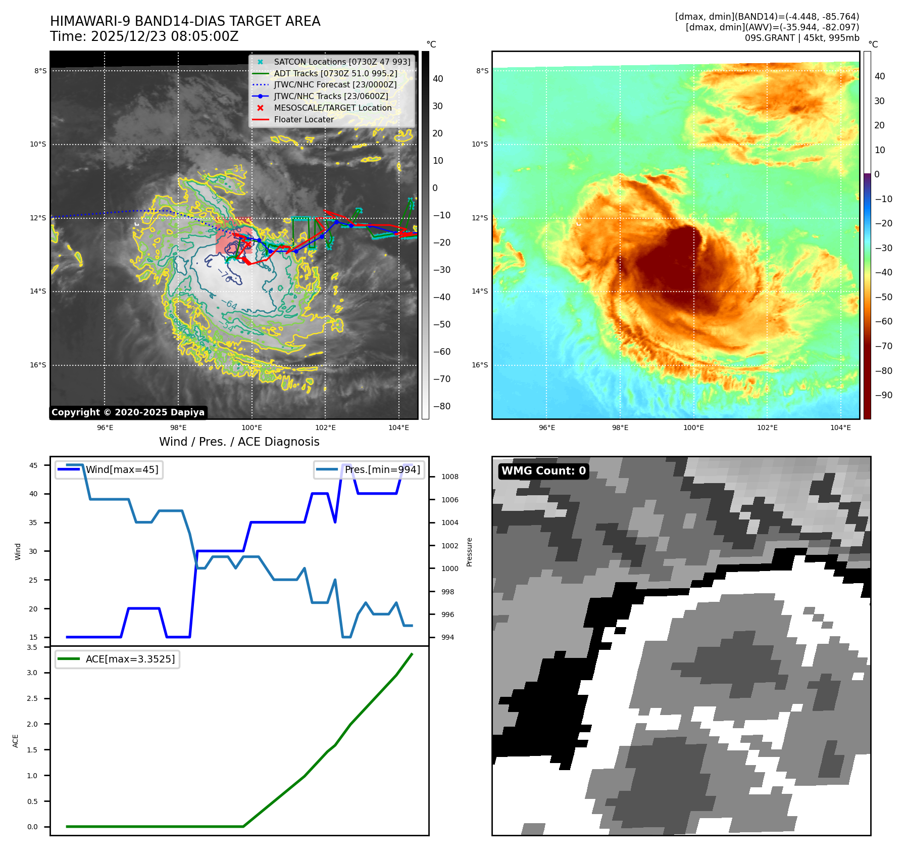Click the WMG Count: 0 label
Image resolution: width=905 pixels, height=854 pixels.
(x=543, y=471)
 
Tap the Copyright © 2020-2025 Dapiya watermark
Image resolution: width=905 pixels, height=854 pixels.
(x=128, y=412)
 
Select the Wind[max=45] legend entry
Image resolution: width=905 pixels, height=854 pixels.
(x=122, y=469)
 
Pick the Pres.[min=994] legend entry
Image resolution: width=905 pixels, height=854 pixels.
(x=382, y=469)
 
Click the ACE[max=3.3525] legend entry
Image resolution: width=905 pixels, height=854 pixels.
(x=130, y=659)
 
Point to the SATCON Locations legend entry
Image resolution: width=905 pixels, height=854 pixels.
(x=342, y=62)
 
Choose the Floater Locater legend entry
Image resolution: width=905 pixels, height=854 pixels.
(x=304, y=119)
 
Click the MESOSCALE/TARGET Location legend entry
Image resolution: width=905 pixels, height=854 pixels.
(x=332, y=108)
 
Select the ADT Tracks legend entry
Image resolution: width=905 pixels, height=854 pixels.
(x=335, y=73)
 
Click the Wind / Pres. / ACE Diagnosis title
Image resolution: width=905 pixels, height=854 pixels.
(x=239, y=442)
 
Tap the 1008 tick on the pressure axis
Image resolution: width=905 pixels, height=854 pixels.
(x=449, y=477)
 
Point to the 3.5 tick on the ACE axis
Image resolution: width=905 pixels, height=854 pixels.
(x=32, y=647)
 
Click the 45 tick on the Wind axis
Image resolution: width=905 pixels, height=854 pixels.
(x=33, y=465)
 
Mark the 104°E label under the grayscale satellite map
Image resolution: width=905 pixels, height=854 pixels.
(x=398, y=428)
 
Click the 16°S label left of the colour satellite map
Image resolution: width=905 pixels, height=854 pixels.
(x=480, y=365)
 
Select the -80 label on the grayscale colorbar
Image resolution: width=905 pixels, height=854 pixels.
(x=442, y=406)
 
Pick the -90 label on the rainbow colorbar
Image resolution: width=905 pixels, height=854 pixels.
(x=884, y=395)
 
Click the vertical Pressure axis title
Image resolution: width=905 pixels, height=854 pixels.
(x=470, y=552)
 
